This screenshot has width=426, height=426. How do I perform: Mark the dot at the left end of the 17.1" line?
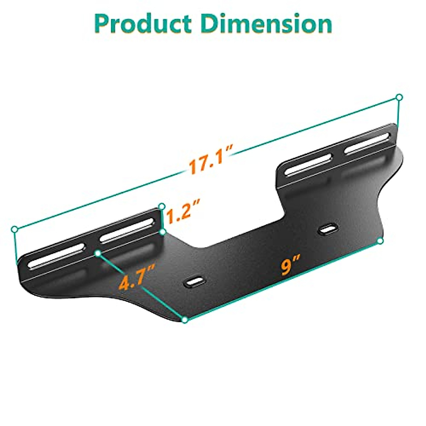[x=15, y=229]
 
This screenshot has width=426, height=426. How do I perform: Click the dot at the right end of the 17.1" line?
[x=399, y=97]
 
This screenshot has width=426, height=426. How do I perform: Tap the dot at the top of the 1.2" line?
[x=162, y=206]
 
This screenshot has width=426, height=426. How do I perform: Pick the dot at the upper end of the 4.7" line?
[x=98, y=253]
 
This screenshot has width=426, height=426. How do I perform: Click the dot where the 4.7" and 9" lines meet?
[x=185, y=320]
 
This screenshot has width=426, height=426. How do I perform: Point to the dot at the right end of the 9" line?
[x=381, y=241]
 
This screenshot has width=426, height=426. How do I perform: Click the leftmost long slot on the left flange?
[x=57, y=256]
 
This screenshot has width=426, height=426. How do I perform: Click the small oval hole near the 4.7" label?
[x=195, y=281]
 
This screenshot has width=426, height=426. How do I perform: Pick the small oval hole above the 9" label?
[x=329, y=229]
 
